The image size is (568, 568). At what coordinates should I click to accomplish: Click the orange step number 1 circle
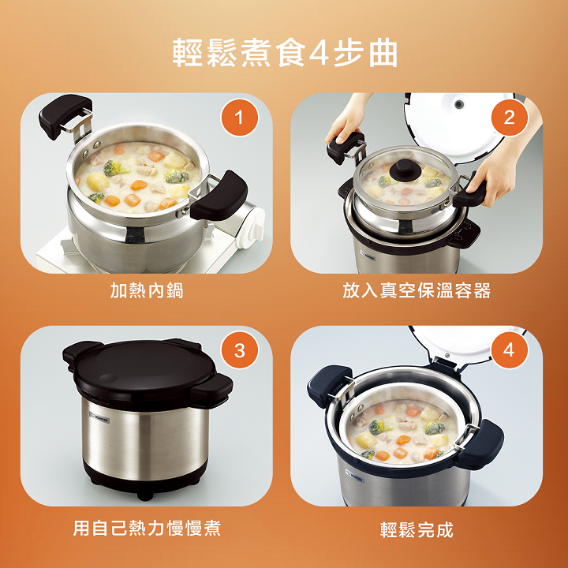pyautogui.click(x=239, y=118)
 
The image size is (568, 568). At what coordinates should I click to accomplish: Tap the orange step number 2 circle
pyautogui.click(x=509, y=118)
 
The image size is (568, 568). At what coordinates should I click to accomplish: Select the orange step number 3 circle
pyautogui.click(x=240, y=350)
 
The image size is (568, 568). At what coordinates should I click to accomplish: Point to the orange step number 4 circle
pyautogui.click(x=509, y=350)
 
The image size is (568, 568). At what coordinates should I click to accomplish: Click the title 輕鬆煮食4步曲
pyautogui.click(x=285, y=54)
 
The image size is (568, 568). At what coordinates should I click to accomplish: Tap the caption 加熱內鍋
pyautogui.click(x=147, y=290)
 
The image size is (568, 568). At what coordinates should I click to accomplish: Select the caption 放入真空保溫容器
pyautogui.click(x=417, y=290)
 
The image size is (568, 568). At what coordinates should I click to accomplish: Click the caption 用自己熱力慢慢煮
pyautogui.click(x=147, y=528)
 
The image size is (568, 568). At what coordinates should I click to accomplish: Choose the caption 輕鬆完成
pyautogui.click(x=417, y=529)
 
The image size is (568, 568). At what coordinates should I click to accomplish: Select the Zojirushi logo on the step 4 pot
pyautogui.click(x=355, y=476)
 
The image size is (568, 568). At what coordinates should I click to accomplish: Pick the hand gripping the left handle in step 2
pyautogui.click(x=347, y=121)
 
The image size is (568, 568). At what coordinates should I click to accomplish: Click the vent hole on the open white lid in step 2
pyautogui.click(x=459, y=105)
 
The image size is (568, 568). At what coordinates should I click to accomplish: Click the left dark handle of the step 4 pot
pyautogui.click(x=330, y=386)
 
